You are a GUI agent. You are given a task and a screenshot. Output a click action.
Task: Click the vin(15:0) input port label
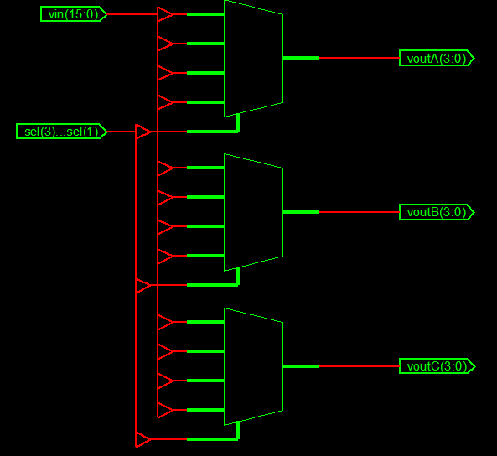click(x=74, y=14)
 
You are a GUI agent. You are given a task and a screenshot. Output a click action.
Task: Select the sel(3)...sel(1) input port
click(x=61, y=132)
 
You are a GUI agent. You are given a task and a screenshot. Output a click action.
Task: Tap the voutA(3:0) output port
click(x=437, y=58)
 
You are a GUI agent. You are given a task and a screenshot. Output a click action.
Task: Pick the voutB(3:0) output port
click(x=437, y=212)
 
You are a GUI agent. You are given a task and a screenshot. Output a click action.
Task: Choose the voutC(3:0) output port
click(x=437, y=366)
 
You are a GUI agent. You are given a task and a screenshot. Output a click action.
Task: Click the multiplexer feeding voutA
click(x=253, y=59)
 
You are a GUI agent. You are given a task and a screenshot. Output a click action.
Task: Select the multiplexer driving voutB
click(x=253, y=212)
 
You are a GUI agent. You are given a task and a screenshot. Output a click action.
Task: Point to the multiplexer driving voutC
click(x=253, y=366)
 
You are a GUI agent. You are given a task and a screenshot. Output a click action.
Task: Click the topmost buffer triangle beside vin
click(x=165, y=14)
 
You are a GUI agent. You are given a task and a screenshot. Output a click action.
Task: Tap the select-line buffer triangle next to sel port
click(x=143, y=132)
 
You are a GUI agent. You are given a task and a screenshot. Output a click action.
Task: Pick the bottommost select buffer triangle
click(x=143, y=439)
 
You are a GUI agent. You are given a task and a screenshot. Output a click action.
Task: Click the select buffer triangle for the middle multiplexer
click(x=143, y=285)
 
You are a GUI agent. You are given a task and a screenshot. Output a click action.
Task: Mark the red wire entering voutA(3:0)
click(x=359, y=58)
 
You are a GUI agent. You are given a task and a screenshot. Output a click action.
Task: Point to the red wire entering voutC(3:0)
click(x=359, y=366)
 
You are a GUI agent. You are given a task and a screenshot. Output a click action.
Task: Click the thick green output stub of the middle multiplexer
click(x=301, y=212)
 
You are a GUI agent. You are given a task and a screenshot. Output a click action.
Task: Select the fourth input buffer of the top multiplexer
click(x=165, y=102)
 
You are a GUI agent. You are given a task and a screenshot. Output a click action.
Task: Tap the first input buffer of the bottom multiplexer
click(x=165, y=322)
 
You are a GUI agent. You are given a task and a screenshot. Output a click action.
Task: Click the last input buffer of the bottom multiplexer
click(x=165, y=410)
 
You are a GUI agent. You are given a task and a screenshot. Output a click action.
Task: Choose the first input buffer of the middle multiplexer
click(x=165, y=168)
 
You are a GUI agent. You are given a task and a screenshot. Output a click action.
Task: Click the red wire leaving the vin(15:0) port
click(x=132, y=14)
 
